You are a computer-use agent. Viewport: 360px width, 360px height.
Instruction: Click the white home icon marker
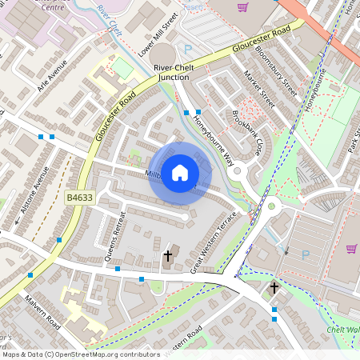(180, 171)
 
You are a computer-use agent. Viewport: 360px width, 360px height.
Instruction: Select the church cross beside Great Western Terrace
(168, 256)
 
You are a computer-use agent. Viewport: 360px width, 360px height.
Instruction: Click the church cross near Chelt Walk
(274, 288)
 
